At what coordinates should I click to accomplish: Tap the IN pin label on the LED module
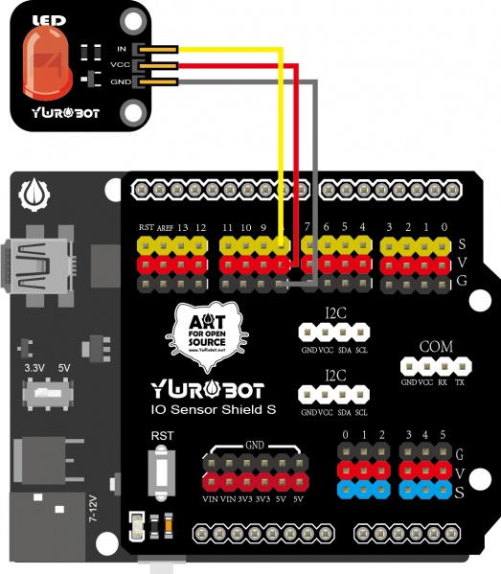pyautogui.click(x=121, y=48)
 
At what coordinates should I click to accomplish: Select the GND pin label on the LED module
pyautogui.click(x=120, y=82)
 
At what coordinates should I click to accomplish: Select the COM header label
pyautogui.click(x=436, y=346)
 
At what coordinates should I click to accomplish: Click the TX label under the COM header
pyautogui.click(x=461, y=381)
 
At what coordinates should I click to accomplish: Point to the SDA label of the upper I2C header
pyautogui.click(x=344, y=351)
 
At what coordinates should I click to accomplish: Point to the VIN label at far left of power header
pyautogui.click(x=209, y=499)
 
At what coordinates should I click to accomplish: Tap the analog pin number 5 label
pyautogui.click(x=442, y=435)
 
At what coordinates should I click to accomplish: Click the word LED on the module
pyautogui.click(x=44, y=19)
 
